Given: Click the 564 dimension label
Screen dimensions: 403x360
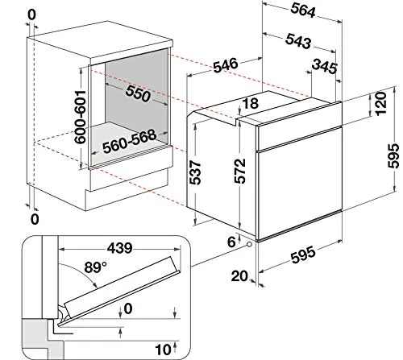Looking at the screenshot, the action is pos(303,11).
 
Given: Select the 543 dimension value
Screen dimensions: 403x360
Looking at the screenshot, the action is pos(298,41).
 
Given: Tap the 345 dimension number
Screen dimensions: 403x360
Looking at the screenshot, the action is pos(325,66).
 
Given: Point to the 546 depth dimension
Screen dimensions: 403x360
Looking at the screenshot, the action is pos(226,65).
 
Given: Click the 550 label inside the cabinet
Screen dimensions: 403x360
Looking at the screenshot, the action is pos(138,94).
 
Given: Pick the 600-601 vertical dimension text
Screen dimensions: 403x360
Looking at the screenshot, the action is pos(81,117).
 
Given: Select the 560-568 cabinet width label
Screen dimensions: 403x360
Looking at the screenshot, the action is pos(130,142).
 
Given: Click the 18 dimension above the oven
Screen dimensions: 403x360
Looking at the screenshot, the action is pos(251,104).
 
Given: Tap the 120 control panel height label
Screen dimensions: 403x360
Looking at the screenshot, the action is pos(380,104).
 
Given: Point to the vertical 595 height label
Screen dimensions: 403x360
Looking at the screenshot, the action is pos(393,155).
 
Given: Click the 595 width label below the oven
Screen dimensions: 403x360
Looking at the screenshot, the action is pos(303,254).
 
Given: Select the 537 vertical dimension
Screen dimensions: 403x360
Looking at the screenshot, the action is pos(195,172).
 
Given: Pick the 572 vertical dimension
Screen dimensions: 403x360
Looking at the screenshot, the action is pos(240,171).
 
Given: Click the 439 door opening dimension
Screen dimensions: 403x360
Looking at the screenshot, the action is pos(119,248).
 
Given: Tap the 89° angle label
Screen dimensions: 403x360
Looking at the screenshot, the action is pos(95,267).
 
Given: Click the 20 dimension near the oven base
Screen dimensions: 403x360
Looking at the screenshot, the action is pos(239,276).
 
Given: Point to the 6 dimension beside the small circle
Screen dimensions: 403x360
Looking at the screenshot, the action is pos(231,242).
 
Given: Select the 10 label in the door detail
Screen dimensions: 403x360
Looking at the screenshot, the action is pos(163,350).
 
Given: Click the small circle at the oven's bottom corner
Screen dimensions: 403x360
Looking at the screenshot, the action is pos(249,244).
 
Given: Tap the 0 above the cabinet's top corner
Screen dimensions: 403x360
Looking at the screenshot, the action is pos(31,15).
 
